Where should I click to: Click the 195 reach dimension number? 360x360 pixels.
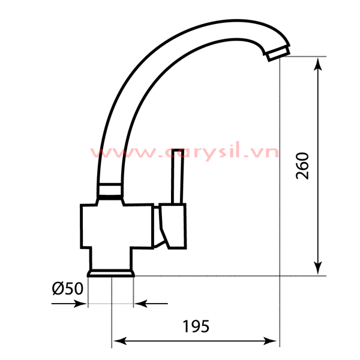196,326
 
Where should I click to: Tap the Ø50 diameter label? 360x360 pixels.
67,289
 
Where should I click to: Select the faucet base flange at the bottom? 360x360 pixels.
111,273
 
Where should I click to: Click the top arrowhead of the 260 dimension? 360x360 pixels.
318,63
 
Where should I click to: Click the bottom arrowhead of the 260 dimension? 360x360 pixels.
318,269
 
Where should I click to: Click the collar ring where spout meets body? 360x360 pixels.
110,191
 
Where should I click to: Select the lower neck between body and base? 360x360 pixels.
111,258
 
